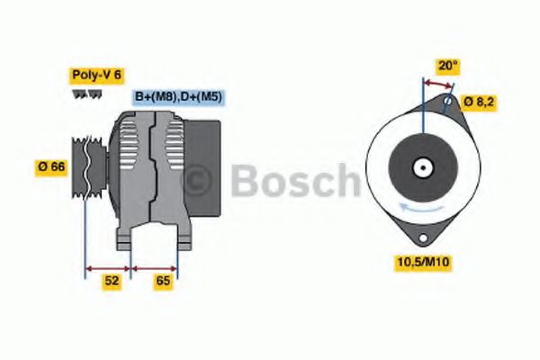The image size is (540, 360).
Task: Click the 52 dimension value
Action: point(112,281)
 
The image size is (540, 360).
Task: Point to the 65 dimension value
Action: point(163,281)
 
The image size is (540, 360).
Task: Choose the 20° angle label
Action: point(447,65)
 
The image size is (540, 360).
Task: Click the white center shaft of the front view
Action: point(420,167)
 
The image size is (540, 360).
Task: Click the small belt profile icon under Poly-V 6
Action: point(82,94)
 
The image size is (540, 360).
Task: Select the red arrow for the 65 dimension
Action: point(155,268)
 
